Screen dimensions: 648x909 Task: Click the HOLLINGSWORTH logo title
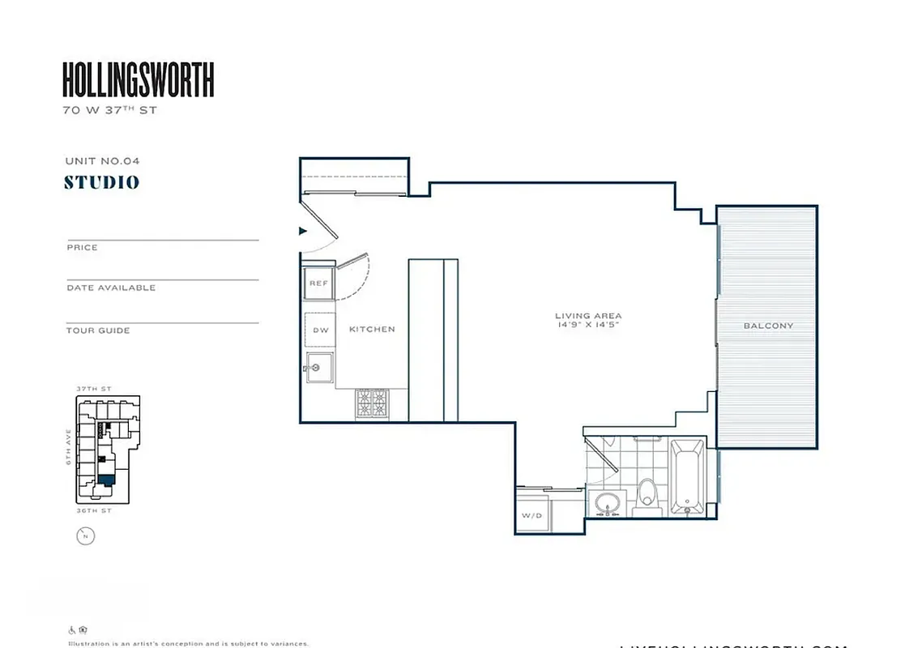click(138, 80)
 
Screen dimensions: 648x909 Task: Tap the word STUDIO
click(102, 182)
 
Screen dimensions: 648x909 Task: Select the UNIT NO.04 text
click(102, 161)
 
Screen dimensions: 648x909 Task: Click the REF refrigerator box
click(318, 283)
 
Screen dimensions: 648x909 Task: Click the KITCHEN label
click(372, 330)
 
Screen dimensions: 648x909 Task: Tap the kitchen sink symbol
click(319, 367)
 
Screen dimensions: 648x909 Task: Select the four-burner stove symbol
click(372, 403)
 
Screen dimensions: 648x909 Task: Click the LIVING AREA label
click(588, 316)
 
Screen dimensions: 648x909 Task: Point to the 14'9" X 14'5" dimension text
click(588, 326)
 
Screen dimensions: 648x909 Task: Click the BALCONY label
click(768, 326)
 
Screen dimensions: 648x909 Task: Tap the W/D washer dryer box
click(531, 515)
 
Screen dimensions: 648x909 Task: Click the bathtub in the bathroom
click(688, 476)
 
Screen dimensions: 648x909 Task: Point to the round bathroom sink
click(605, 503)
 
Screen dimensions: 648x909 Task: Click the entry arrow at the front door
click(304, 231)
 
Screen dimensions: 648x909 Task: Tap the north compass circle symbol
click(85, 535)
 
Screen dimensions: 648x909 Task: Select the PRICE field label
click(82, 248)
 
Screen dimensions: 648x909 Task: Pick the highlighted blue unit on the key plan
click(105, 479)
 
